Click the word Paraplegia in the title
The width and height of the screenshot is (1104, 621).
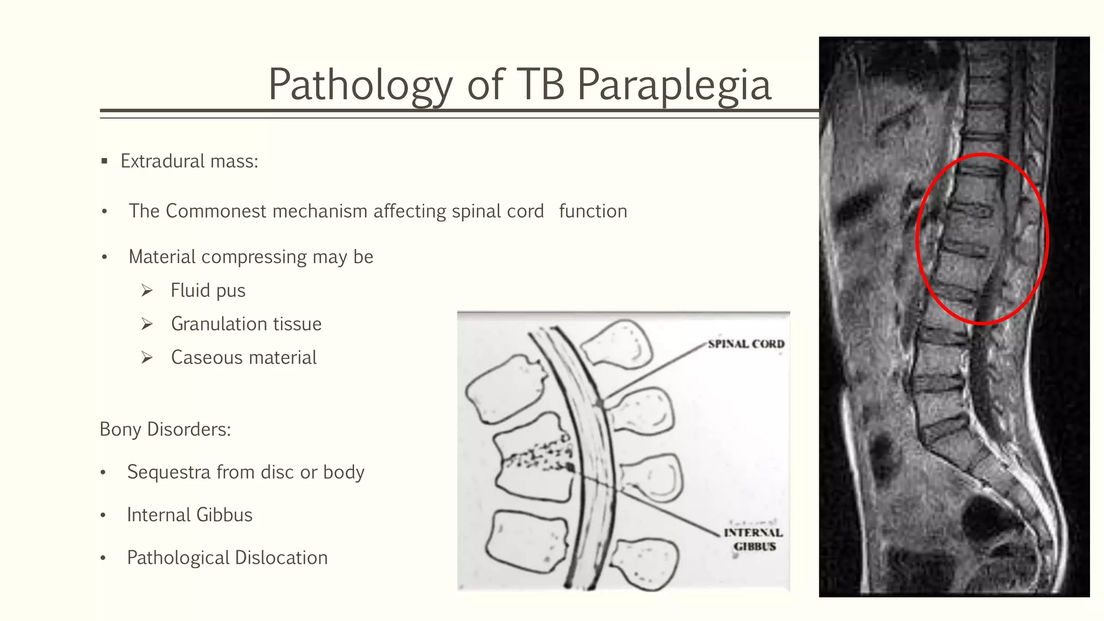(x=674, y=85)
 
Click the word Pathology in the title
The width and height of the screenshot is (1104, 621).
(x=360, y=85)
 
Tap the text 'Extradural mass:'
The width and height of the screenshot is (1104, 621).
(x=189, y=161)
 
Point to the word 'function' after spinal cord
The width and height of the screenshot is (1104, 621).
(x=593, y=211)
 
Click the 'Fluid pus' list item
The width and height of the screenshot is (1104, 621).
(x=208, y=291)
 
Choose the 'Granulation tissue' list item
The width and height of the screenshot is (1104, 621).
(x=246, y=324)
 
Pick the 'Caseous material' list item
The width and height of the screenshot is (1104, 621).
(x=244, y=358)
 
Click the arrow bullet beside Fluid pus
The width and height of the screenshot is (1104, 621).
(x=147, y=291)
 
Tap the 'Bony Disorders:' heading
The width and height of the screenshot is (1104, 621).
(x=165, y=430)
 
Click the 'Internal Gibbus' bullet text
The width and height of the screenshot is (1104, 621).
(x=190, y=515)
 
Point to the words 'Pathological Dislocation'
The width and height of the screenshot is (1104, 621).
(x=227, y=558)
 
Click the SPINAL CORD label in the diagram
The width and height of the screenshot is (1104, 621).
(x=746, y=344)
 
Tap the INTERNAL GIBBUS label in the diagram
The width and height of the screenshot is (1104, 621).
(x=754, y=540)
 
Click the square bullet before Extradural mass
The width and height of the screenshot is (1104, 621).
(x=105, y=161)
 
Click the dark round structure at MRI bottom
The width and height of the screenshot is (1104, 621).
(x=989, y=518)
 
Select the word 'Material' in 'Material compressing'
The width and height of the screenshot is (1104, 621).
(x=162, y=257)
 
